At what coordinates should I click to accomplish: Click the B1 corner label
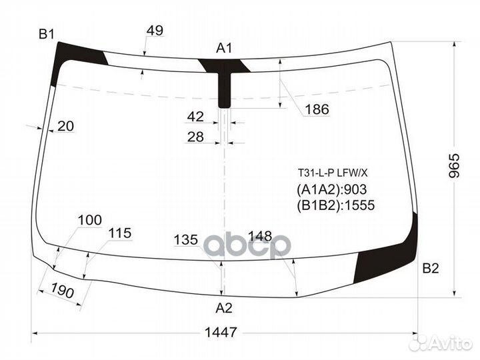coord(47,34)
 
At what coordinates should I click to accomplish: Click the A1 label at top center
coord(225,47)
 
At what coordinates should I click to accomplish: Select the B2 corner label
coord(431,269)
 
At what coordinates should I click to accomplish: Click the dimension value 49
coord(155,30)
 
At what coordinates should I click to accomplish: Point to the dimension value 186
coord(317,109)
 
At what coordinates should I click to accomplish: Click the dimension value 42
coord(195,117)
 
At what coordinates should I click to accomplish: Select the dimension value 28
coord(195,137)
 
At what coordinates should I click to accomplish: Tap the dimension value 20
coord(66,126)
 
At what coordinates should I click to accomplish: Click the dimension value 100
coord(89,220)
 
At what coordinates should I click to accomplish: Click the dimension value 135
coord(186,239)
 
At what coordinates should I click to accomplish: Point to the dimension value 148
coord(260,235)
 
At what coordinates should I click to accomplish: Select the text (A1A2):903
coord(332,189)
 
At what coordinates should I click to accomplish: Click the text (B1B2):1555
coord(335,205)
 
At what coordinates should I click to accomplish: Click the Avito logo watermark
coord(441,343)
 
